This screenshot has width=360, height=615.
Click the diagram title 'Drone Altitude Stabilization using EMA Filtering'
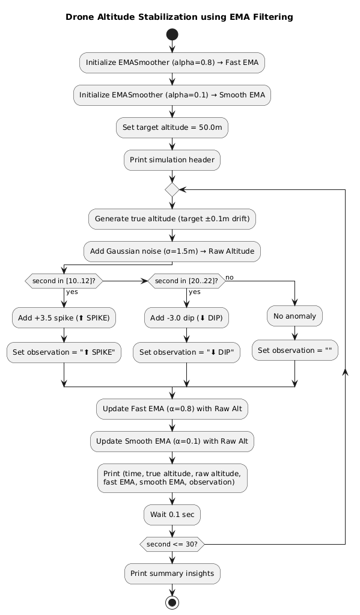[x=179, y=17]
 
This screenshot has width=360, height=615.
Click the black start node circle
[x=172, y=35]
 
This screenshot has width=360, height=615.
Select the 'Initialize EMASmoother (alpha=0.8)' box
[x=172, y=62]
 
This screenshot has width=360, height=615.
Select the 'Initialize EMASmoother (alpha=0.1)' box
[x=172, y=94]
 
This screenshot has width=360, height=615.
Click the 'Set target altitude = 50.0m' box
[x=172, y=127]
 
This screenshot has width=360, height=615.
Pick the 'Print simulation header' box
[x=172, y=160]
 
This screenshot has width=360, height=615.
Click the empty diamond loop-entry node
[x=172, y=189]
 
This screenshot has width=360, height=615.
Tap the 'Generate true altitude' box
[x=172, y=219]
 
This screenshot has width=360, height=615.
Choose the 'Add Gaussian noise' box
[x=172, y=251]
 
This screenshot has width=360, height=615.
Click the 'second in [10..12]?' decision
[x=63, y=281]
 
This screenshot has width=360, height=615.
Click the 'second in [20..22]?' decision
[x=186, y=281]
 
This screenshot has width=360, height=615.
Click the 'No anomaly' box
[x=294, y=314]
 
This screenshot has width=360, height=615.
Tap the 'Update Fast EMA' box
[x=172, y=409]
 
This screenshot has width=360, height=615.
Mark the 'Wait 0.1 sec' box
[x=172, y=515]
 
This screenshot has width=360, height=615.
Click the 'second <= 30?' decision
[x=172, y=544]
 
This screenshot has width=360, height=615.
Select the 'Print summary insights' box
[x=172, y=573]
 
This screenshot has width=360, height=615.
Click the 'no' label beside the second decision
[x=230, y=277]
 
